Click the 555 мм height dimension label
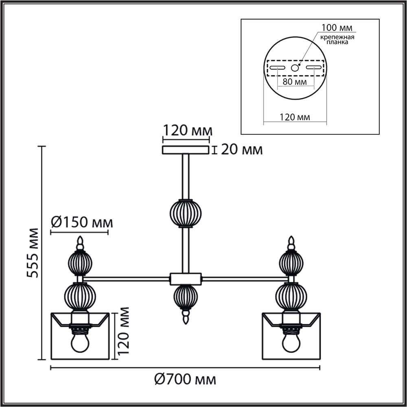click(33, 253)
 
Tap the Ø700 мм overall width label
click(185, 380)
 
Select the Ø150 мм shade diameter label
click(82, 223)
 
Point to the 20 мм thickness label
click(242, 150)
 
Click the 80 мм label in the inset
click(295, 82)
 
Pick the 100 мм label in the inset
click(337, 27)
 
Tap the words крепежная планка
click(337, 39)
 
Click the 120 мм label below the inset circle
click(295, 117)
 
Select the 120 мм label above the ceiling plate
click(187, 131)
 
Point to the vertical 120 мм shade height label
click(123, 331)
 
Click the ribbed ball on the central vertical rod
click(186, 213)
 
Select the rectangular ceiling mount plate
click(186, 150)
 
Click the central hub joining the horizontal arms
click(186, 279)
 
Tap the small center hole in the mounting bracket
click(295, 68)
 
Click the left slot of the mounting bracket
click(277, 68)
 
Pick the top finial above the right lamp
click(291, 243)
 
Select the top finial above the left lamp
click(80, 243)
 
